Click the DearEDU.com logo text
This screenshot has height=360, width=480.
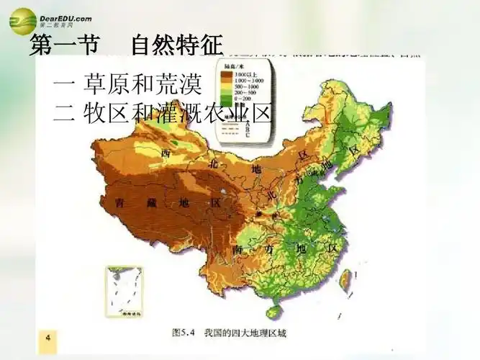point(65,16)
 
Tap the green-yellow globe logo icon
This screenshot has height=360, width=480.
point(22,21)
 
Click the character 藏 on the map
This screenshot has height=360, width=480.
point(151,203)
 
